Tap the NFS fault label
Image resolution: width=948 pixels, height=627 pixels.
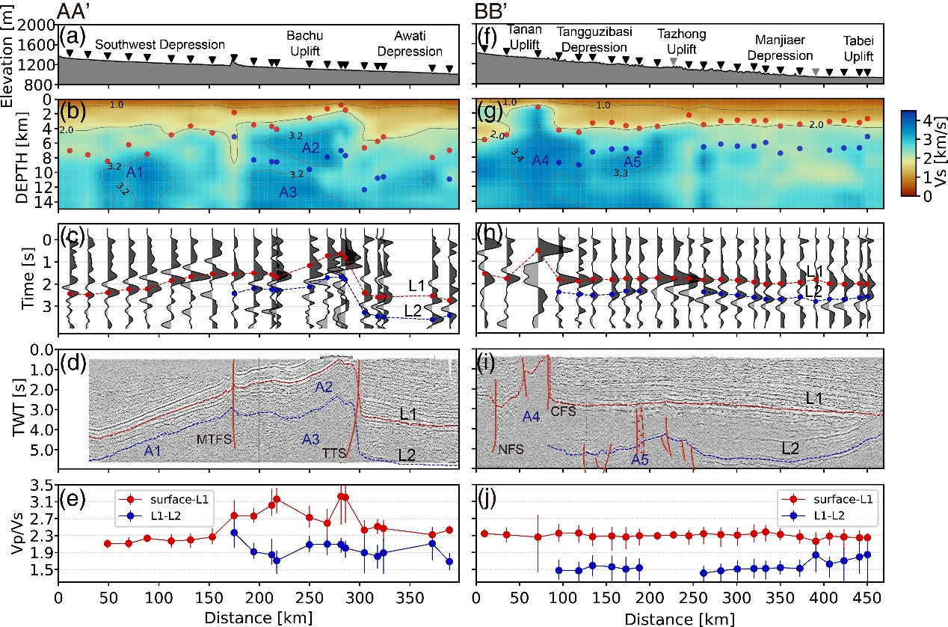coord(511,449)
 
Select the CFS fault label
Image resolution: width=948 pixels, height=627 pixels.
coord(561,411)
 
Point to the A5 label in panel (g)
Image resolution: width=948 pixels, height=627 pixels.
coord(633,161)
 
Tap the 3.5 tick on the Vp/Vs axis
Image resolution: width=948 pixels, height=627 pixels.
coord(40,484)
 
